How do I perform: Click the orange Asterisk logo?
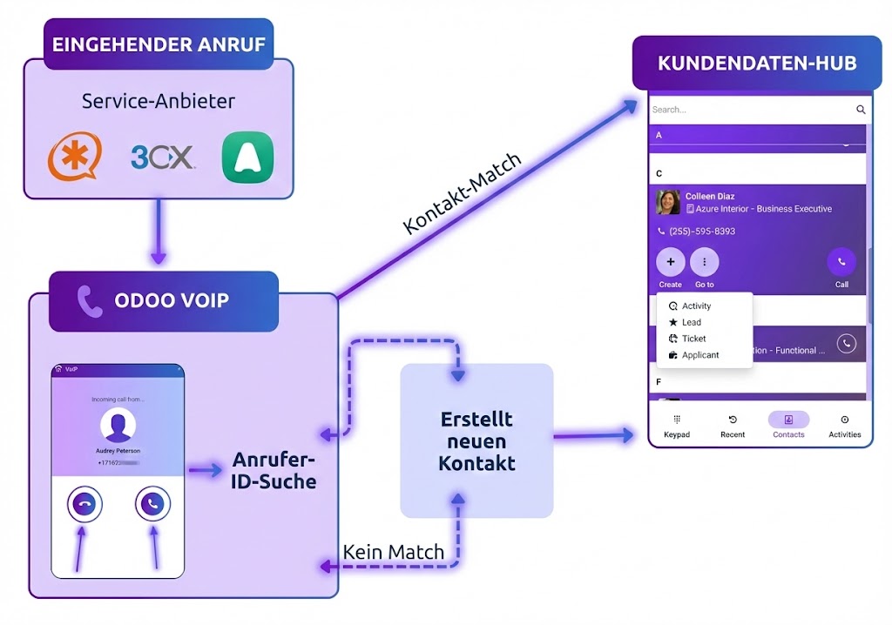75,158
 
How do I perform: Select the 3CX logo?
163,158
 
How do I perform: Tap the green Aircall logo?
247,158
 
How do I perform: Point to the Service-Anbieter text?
159,101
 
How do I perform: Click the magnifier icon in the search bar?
861,110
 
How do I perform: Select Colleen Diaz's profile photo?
668,202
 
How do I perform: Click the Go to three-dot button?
704,262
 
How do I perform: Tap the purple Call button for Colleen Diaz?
841,262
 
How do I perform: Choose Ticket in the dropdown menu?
693,339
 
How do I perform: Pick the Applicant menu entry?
699,355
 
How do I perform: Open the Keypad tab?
677,426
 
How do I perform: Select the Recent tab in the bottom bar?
733,426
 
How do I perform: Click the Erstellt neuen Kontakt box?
476,440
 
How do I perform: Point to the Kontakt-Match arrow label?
463,193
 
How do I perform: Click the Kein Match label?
394,552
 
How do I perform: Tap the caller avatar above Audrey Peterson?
118,426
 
